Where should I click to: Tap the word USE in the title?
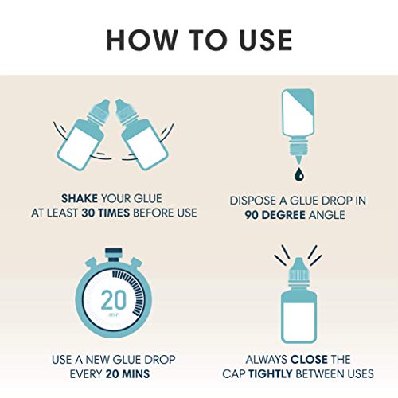[x=266, y=40]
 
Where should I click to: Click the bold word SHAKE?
[x=80, y=198]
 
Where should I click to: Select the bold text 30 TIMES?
[x=105, y=213]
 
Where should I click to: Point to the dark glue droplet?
[x=299, y=174]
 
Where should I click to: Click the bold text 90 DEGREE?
[x=275, y=215]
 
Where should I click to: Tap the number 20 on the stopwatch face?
[x=114, y=300]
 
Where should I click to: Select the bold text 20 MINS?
[x=127, y=374]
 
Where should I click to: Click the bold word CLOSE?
[x=309, y=360]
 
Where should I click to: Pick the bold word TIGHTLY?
[x=271, y=374]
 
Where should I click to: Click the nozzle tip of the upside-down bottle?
[x=299, y=162]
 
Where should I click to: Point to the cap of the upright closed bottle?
[x=298, y=271]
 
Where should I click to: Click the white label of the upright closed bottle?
[x=298, y=320]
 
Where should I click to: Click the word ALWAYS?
[x=267, y=360]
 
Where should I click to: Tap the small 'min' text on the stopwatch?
[x=115, y=315]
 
